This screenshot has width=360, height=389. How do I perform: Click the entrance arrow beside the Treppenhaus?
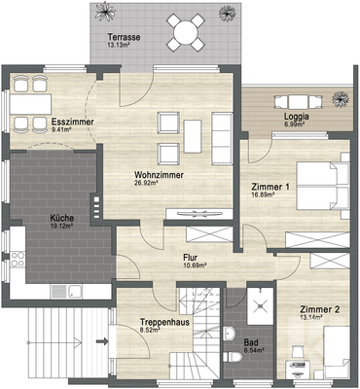click(x=101, y=340)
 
